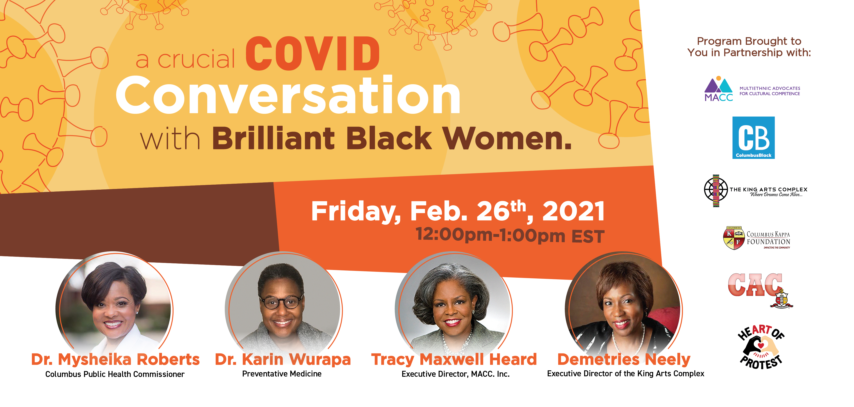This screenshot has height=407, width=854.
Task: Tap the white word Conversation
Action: click(x=288, y=95)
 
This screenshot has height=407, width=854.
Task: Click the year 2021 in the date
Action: click(x=573, y=211)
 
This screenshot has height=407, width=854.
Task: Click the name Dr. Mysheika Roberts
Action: click(x=115, y=360)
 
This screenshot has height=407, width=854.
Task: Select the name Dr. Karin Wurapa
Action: click(x=283, y=360)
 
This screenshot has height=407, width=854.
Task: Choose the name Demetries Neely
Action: click(x=624, y=360)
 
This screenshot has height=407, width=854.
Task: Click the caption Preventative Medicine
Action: click(x=282, y=374)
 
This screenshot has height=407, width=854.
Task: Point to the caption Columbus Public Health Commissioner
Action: click(x=115, y=374)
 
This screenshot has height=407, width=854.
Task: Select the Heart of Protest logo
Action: click(x=761, y=347)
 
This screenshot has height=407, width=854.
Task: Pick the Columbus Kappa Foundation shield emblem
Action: click(x=734, y=238)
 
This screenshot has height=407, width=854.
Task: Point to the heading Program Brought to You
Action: click(x=749, y=47)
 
